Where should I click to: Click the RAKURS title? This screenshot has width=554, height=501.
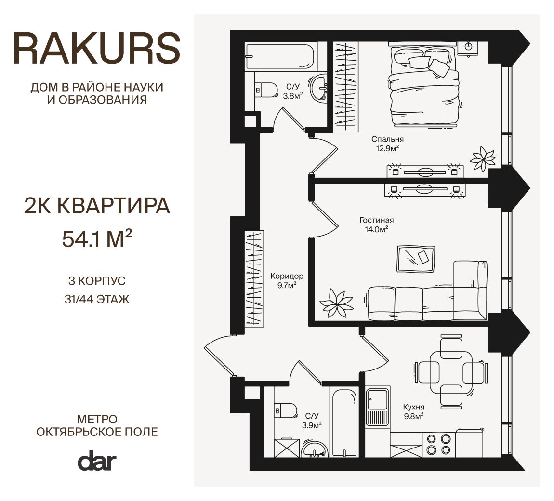[x=97, y=49]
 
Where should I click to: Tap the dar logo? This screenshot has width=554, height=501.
[x=97, y=461]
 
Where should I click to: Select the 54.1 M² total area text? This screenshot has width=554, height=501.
[x=97, y=239]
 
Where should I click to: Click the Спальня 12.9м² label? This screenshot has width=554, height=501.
[x=387, y=144]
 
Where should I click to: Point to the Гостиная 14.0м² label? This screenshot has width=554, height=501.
[x=376, y=224]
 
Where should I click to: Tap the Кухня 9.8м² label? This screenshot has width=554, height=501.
[x=414, y=411]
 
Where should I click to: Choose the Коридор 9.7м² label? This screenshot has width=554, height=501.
[x=287, y=280]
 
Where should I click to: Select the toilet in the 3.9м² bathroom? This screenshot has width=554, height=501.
[x=286, y=410]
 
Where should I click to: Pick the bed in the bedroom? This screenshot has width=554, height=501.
[x=424, y=87]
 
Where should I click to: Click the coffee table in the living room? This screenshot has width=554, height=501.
[x=415, y=259]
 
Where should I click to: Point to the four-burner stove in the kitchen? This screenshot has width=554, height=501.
[x=438, y=444]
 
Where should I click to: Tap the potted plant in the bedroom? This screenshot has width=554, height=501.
[x=482, y=159]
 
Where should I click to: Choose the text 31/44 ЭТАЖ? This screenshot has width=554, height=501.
[x=97, y=300]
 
